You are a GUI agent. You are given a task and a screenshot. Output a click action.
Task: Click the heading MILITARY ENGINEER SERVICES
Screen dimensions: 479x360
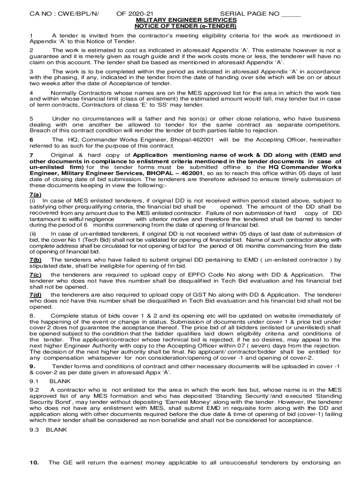pyautogui.click(x=186, y=21)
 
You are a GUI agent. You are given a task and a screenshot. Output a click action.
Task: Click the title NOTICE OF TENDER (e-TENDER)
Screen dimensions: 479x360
pyautogui.click(x=186, y=26)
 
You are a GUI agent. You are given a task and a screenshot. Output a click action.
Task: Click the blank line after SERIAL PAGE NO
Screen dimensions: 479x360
pyautogui.click(x=291, y=15)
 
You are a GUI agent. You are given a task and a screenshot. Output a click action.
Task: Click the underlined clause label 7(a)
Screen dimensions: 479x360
pyautogui.click(x=35, y=194)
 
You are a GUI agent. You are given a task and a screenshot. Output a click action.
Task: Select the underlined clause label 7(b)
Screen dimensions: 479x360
pyautogui.click(x=36, y=260)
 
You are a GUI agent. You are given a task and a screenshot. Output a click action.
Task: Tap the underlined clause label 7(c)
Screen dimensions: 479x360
pyautogui.click(x=36, y=275)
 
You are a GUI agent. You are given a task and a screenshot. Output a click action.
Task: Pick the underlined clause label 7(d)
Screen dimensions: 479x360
pyautogui.click(x=36, y=295)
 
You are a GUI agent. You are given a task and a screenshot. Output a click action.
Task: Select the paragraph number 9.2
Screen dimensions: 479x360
pyautogui.click(x=34, y=390)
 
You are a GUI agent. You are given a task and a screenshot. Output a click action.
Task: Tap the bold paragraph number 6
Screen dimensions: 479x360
pyautogui.click(x=31, y=139)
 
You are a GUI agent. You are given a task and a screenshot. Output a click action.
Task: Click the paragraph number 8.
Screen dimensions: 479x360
pyautogui.click(x=32, y=315)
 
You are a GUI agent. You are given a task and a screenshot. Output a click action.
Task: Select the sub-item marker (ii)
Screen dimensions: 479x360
pyautogui.click(x=33, y=233)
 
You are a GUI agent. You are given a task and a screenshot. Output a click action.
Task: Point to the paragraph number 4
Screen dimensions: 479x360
pyautogui.click(x=31, y=93)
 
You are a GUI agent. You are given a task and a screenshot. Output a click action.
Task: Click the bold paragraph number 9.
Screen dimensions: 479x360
pyautogui.click(x=32, y=366)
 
